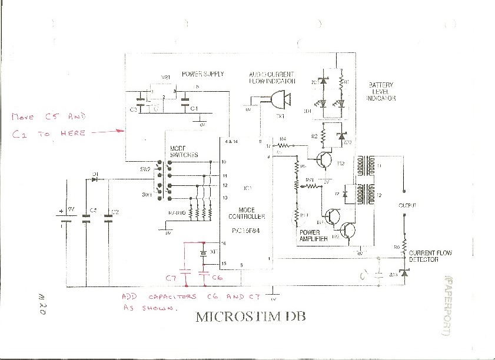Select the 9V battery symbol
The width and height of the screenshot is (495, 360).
coord(67,217)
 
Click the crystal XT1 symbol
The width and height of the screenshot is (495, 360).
coord(204,253)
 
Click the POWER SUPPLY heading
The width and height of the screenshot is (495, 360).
coord(202,75)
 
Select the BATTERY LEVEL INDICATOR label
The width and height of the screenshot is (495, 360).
coord(381,92)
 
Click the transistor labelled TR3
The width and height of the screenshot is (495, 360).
coord(333,217)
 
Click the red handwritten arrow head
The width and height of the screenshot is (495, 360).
coord(122,131)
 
